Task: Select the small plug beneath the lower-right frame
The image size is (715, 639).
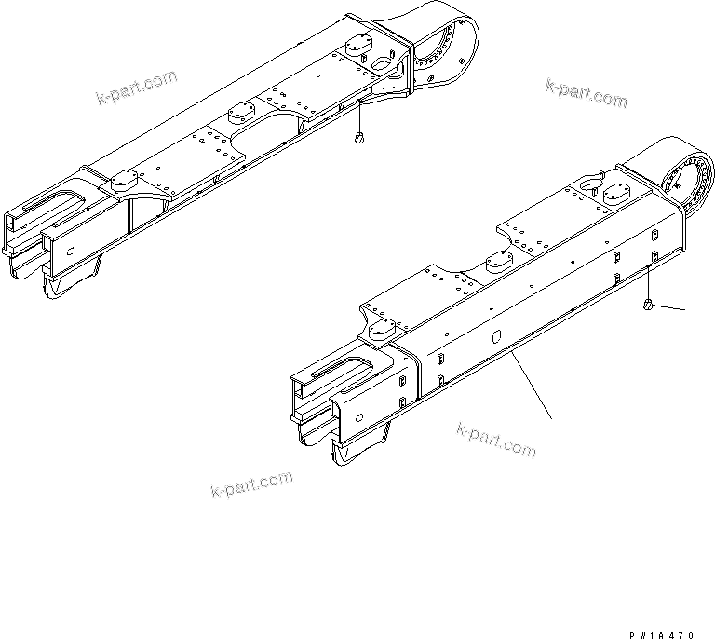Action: tap(647, 305)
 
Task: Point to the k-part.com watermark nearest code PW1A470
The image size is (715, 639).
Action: tap(497, 440)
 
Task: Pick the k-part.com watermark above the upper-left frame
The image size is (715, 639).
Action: tap(136, 87)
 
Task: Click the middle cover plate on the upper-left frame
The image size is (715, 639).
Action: tap(241, 112)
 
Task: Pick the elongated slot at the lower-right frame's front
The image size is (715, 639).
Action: tap(346, 369)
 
